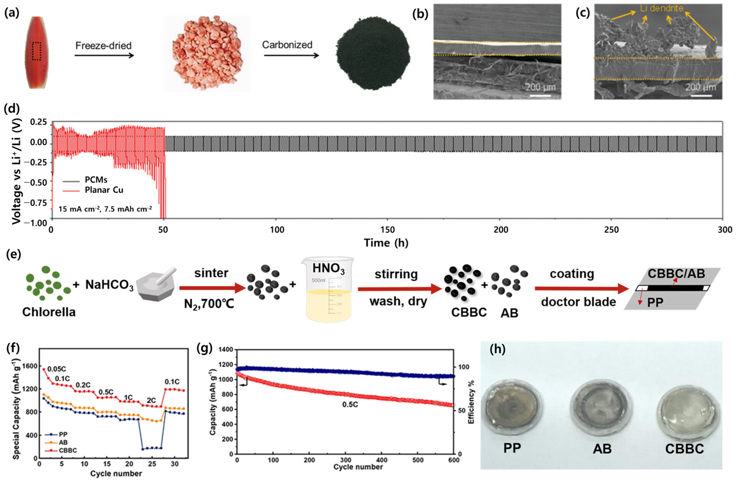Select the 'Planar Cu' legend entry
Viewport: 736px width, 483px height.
tap(104, 190)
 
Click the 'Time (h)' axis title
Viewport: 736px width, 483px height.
tap(386, 243)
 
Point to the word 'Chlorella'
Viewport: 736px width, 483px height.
tap(49, 311)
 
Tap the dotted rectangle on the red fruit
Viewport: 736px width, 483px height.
tap(37, 51)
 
